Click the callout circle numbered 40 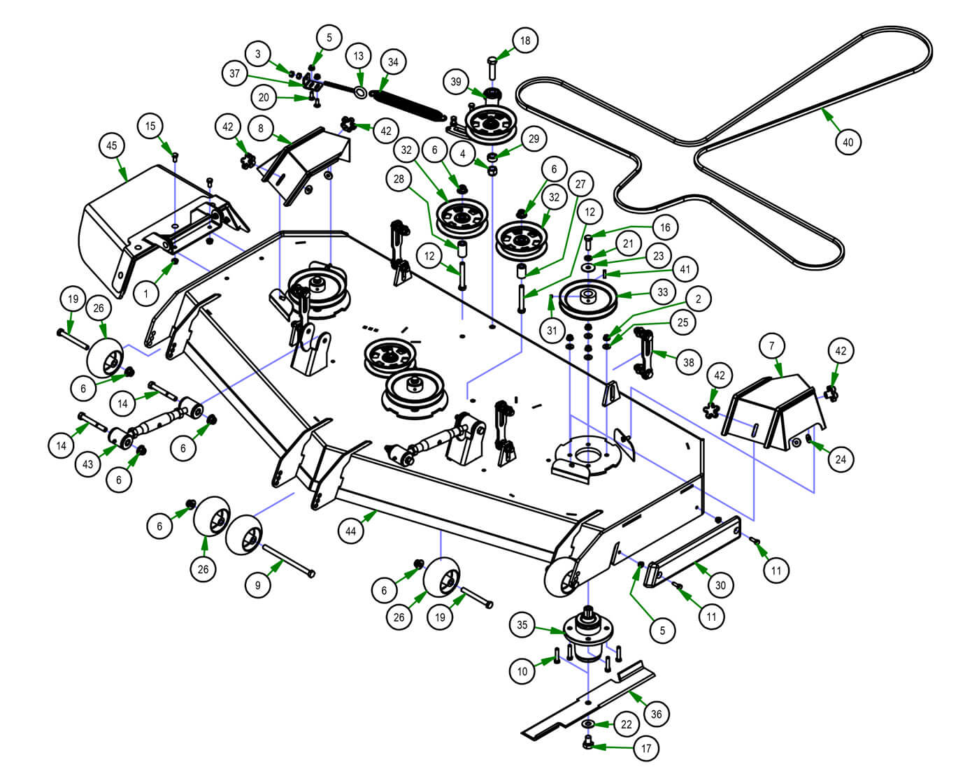click(848, 142)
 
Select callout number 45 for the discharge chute click(112, 146)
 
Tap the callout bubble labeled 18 click(524, 41)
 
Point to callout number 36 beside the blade click(656, 714)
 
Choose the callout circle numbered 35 click(522, 625)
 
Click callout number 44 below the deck click(351, 531)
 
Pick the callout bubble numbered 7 click(772, 346)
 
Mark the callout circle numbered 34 click(393, 62)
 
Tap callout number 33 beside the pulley click(663, 293)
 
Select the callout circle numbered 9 click(258, 585)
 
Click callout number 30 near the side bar click(720, 585)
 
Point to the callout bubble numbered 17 click(646, 749)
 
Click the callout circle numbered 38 click(689, 362)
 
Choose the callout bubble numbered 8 click(261, 129)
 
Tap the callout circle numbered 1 click(146, 294)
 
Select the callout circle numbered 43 click(88, 464)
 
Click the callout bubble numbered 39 click(456, 82)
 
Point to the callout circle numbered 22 click(626, 724)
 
